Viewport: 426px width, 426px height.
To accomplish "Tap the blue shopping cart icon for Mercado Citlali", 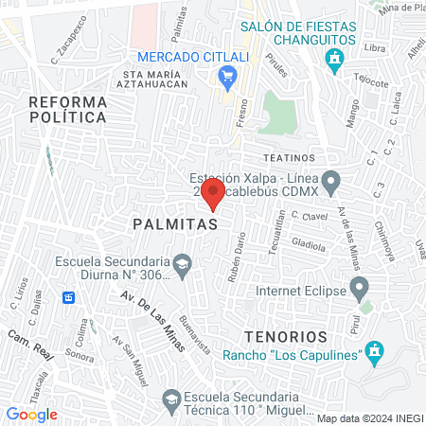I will click(x=226, y=75).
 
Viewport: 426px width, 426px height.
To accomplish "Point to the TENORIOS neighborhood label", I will click(x=285, y=336).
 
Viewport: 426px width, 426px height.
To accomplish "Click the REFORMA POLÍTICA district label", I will click(x=66, y=109).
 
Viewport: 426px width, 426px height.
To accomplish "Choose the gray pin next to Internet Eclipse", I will click(x=359, y=286).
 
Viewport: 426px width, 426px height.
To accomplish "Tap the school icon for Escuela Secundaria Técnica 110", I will click(x=170, y=399).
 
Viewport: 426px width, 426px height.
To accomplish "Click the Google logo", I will click(x=31, y=415).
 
